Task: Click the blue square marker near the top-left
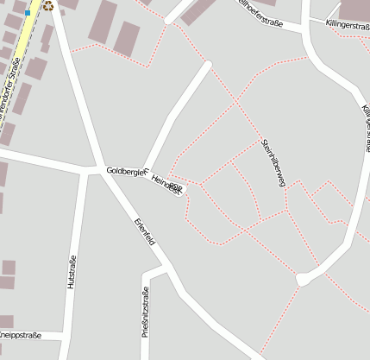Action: coord(28,13)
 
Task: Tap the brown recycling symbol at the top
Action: coord(48,5)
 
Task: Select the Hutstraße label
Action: coord(72,271)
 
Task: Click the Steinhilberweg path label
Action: coord(273,161)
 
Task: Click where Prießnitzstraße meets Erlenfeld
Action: coord(160,268)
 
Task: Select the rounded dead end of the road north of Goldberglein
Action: coord(207,64)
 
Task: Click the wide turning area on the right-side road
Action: coord(303,279)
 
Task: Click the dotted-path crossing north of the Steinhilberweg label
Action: coord(236,103)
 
